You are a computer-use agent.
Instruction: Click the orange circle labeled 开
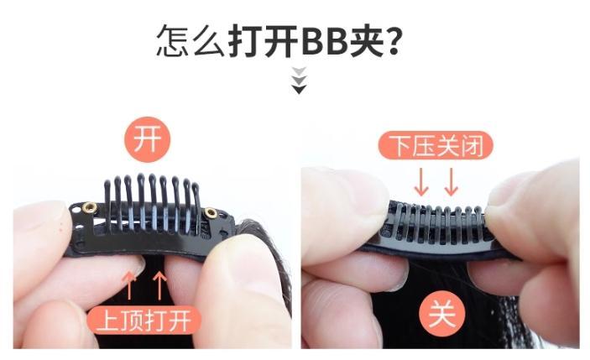(148, 139)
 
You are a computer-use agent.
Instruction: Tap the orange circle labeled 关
(442, 314)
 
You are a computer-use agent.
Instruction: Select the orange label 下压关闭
(436, 145)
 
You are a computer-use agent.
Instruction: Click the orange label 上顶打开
(144, 320)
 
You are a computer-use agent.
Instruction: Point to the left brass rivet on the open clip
(90, 207)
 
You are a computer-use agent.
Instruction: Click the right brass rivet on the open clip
(211, 213)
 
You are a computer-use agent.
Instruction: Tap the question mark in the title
(393, 40)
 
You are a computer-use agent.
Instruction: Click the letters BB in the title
(324, 41)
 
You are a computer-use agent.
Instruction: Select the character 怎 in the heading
(173, 40)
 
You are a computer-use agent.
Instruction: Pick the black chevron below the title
(299, 90)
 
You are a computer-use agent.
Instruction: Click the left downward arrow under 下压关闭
(421, 182)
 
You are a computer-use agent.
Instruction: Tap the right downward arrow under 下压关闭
(452, 182)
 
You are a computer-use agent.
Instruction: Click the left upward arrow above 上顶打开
(129, 285)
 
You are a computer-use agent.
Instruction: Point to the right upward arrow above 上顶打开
(160, 285)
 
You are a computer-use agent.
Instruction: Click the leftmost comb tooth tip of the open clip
(107, 185)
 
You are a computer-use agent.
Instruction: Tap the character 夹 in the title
(366, 40)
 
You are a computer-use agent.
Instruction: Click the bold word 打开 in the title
(264, 40)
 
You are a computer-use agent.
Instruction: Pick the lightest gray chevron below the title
(299, 70)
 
